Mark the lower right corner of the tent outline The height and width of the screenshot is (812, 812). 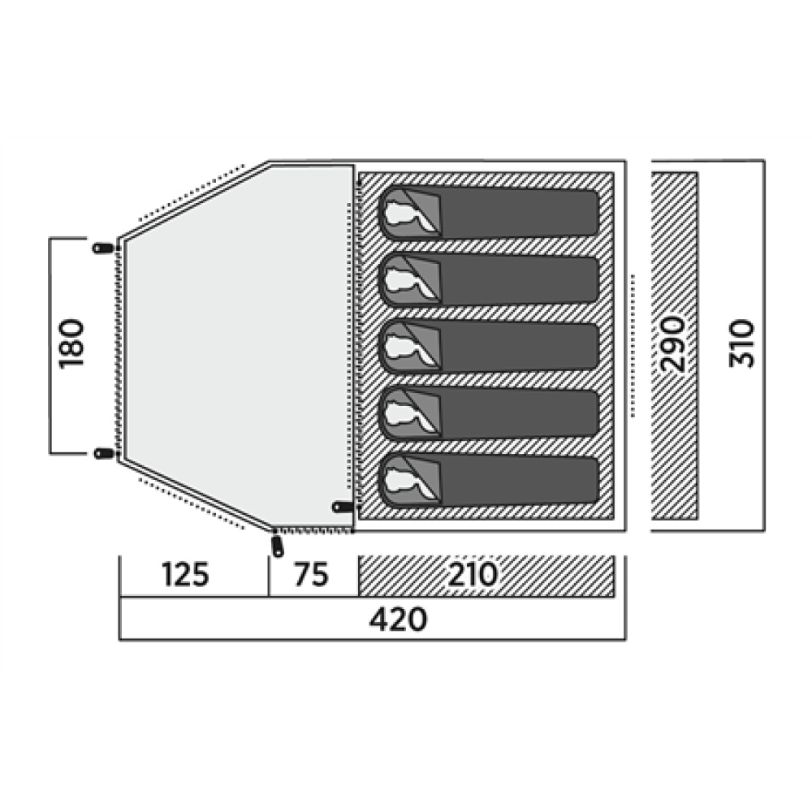(625, 530)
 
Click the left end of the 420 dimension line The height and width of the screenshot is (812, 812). (119, 640)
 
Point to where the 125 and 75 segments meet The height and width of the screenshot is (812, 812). (269, 596)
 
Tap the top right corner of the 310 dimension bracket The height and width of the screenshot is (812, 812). (764, 161)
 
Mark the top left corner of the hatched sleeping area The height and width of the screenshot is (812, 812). (359, 173)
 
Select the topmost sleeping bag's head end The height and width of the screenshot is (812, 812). (410, 212)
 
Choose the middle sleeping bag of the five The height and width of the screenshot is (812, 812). (490, 347)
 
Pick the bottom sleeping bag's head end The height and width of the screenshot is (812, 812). (410, 480)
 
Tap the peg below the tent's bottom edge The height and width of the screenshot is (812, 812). (278, 546)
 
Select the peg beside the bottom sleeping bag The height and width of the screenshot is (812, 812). (343, 506)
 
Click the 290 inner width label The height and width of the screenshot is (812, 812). (674, 343)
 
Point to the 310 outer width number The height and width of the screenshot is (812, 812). (741, 343)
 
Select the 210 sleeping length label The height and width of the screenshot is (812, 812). (473, 574)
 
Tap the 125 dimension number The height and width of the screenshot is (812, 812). (185, 574)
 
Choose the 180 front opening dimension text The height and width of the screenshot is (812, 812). (71, 343)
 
